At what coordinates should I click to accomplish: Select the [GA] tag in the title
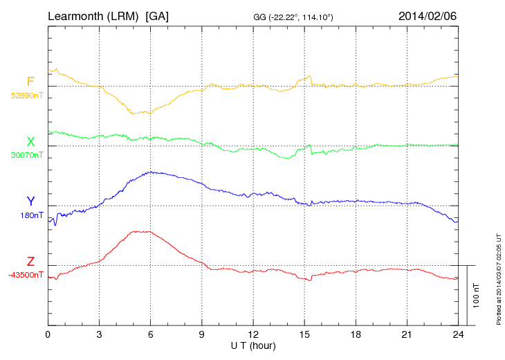click(157, 15)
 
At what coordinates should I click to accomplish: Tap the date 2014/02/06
click(428, 15)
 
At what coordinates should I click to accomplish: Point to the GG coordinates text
click(294, 17)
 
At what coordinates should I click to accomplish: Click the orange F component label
click(30, 82)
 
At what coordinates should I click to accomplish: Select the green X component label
click(30, 143)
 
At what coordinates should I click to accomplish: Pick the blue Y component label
click(30, 201)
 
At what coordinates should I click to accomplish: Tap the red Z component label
click(30, 262)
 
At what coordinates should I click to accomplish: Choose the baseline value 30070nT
click(27, 155)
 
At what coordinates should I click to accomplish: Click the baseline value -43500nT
click(26, 275)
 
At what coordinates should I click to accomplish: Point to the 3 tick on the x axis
click(100, 334)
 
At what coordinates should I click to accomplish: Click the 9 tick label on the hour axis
click(202, 334)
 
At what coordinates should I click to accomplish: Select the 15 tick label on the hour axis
click(304, 334)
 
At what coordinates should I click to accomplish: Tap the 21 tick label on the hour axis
click(407, 334)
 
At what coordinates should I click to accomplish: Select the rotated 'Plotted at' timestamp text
click(498, 278)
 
